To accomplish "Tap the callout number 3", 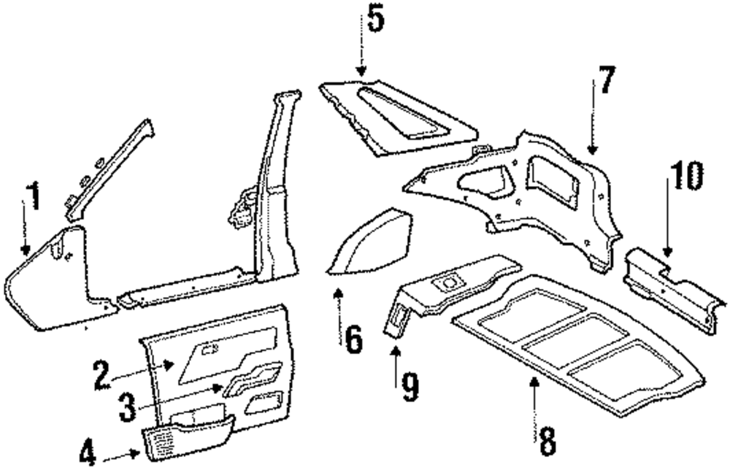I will point(128,407).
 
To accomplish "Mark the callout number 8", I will point(546,439).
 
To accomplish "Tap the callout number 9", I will point(410,386).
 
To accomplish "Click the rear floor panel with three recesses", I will point(577,342).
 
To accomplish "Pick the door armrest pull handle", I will point(252,380).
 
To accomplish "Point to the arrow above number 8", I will point(535,397).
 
